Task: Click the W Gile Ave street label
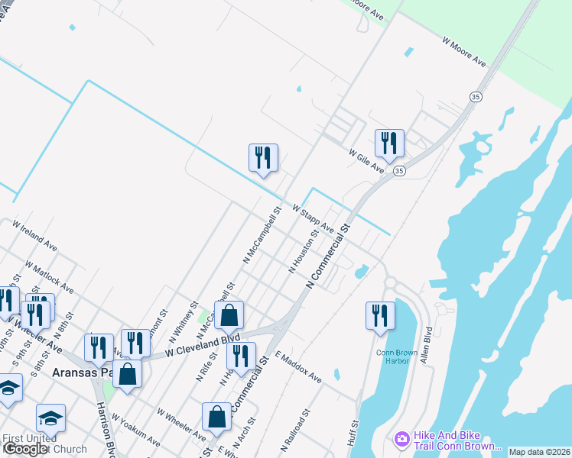point(366,160)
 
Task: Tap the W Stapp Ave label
point(313,218)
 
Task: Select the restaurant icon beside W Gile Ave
point(389,143)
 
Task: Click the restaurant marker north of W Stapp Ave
point(263,158)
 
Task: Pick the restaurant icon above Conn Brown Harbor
point(380,315)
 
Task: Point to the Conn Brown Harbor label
point(393,356)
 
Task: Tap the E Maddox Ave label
point(299,366)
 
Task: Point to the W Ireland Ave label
point(34,235)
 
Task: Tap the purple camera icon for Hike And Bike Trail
point(401,439)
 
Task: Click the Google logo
point(25,449)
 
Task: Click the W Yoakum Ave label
point(135,430)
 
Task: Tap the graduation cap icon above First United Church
point(50,418)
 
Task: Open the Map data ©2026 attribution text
point(540,452)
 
